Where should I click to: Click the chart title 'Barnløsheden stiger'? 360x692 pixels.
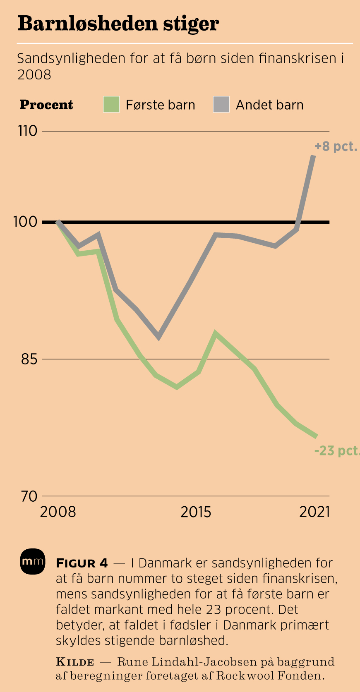[118, 24]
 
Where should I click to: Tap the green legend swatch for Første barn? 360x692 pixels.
[111, 105]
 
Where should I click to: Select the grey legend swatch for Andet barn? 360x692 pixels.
[221, 105]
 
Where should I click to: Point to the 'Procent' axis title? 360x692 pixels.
[46, 105]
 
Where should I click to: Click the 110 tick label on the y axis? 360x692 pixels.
[28, 131]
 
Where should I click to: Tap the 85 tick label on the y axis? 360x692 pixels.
[29, 359]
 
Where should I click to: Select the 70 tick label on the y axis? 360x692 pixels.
[29, 496]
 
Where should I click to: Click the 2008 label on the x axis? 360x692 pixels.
[58, 512]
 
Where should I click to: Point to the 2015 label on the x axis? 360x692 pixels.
[196, 512]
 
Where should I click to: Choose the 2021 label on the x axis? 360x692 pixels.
[314, 512]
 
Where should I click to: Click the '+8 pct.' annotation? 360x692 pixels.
[336, 146]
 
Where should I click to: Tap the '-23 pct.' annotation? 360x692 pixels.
[336, 450]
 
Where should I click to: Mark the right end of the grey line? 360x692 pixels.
[314, 156]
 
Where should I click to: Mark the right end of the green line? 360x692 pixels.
[317, 436]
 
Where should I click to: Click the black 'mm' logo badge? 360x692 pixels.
[32, 562]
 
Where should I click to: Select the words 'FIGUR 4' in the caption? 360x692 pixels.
[82, 563]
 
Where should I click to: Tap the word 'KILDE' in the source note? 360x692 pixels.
[75, 662]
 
